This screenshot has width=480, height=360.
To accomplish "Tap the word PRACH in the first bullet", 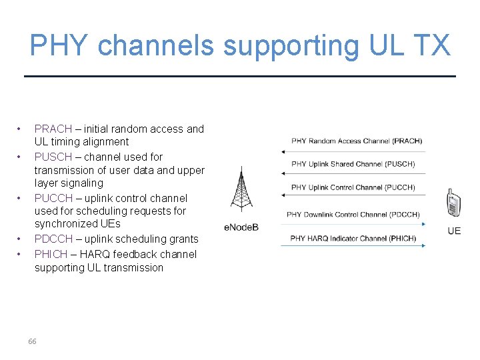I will click(53, 129).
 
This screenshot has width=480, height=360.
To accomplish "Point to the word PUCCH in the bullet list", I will click(53, 198).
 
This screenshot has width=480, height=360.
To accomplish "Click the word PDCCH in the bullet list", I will click(53, 239).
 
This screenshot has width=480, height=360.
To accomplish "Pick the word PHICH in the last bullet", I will click(51, 254).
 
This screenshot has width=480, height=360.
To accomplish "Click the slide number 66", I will click(32, 341).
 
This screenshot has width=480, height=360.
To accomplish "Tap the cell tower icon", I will click(241, 191).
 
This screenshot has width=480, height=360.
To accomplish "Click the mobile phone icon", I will click(453, 203).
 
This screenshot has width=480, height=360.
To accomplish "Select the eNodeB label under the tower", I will click(241, 227).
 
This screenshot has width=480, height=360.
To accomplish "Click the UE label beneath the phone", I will click(454, 231).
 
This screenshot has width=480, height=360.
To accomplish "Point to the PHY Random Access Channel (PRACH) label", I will click(357, 141).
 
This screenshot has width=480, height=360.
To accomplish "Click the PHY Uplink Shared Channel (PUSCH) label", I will click(353, 164).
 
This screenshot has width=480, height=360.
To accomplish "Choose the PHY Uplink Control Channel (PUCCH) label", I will click(353, 187).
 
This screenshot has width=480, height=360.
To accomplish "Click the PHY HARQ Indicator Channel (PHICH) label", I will click(353, 238).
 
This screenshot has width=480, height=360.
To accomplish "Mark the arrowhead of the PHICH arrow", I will click(423, 246).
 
